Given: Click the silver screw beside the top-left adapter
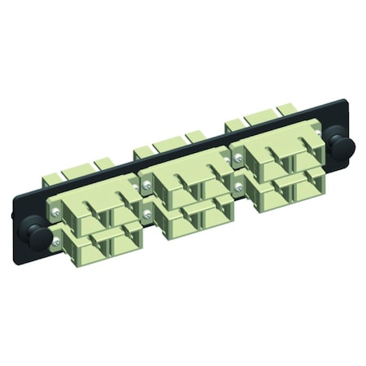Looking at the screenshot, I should tap(54, 209).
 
